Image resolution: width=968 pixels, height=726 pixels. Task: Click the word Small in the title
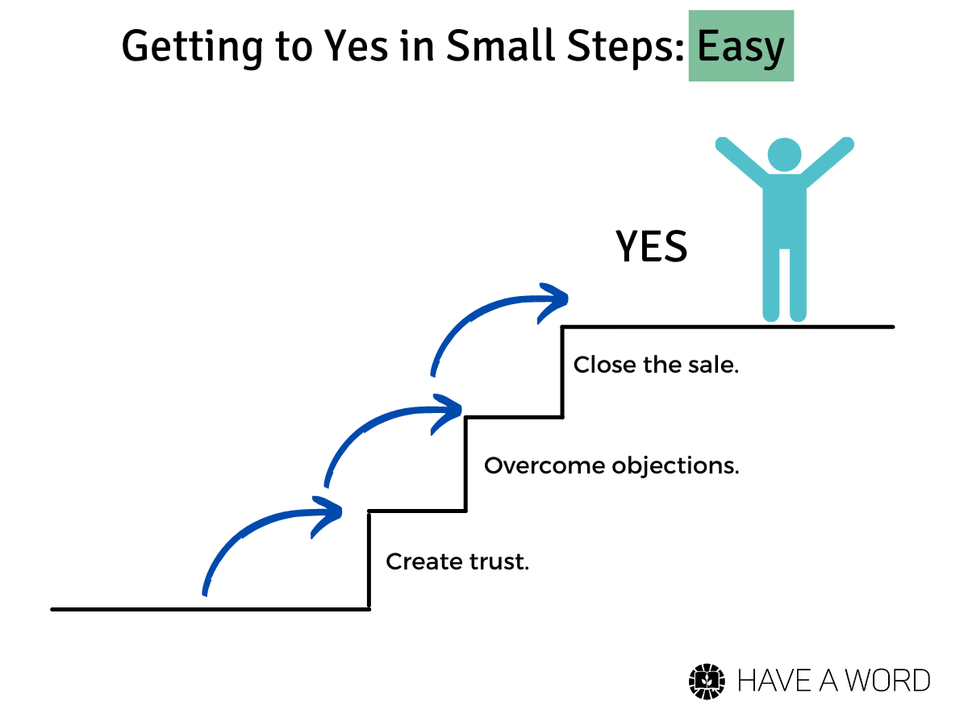[500, 45]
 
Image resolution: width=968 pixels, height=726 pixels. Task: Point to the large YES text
[651, 246]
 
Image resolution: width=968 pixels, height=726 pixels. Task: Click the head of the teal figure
[784, 155]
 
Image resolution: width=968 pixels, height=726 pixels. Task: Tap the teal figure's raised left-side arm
[742, 161]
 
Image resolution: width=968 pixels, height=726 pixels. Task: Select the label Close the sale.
[656, 365]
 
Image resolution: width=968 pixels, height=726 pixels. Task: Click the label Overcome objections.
[611, 466]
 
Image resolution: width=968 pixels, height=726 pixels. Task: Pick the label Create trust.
[457, 561]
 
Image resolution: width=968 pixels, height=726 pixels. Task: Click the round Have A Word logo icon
[707, 682]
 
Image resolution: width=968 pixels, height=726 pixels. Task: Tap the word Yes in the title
[356, 45]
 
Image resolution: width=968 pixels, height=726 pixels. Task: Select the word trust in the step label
[499, 561]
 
